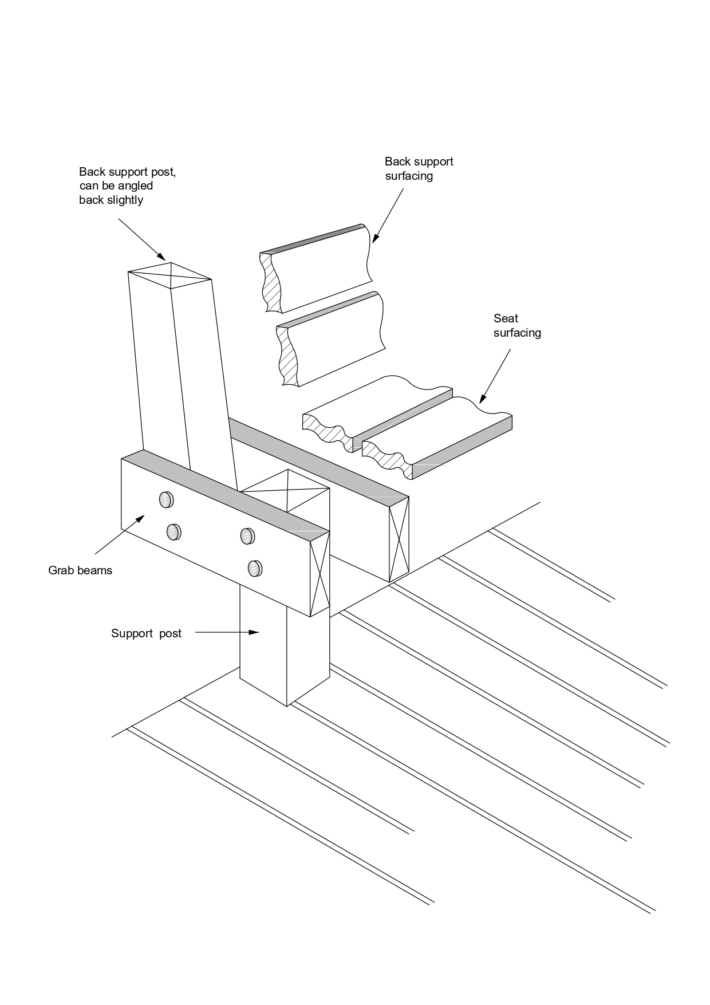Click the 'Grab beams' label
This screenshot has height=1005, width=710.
pyautogui.click(x=80, y=570)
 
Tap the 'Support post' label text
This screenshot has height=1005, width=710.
pyautogui.click(x=146, y=633)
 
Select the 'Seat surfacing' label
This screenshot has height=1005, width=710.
pyautogui.click(x=517, y=325)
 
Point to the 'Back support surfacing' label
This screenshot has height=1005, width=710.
pyautogui.click(x=419, y=168)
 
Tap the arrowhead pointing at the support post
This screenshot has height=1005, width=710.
pyautogui.click(x=255, y=633)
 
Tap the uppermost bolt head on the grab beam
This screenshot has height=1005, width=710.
pyautogui.click(x=166, y=500)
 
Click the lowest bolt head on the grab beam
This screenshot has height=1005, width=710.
pyautogui.click(x=255, y=568)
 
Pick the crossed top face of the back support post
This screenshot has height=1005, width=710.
pyautogui.click(x=171, y=276)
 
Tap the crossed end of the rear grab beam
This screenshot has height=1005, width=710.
pyautogui.click(x=399, y=538)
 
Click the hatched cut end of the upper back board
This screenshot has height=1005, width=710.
pyautogui.click(x=269, y=282)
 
